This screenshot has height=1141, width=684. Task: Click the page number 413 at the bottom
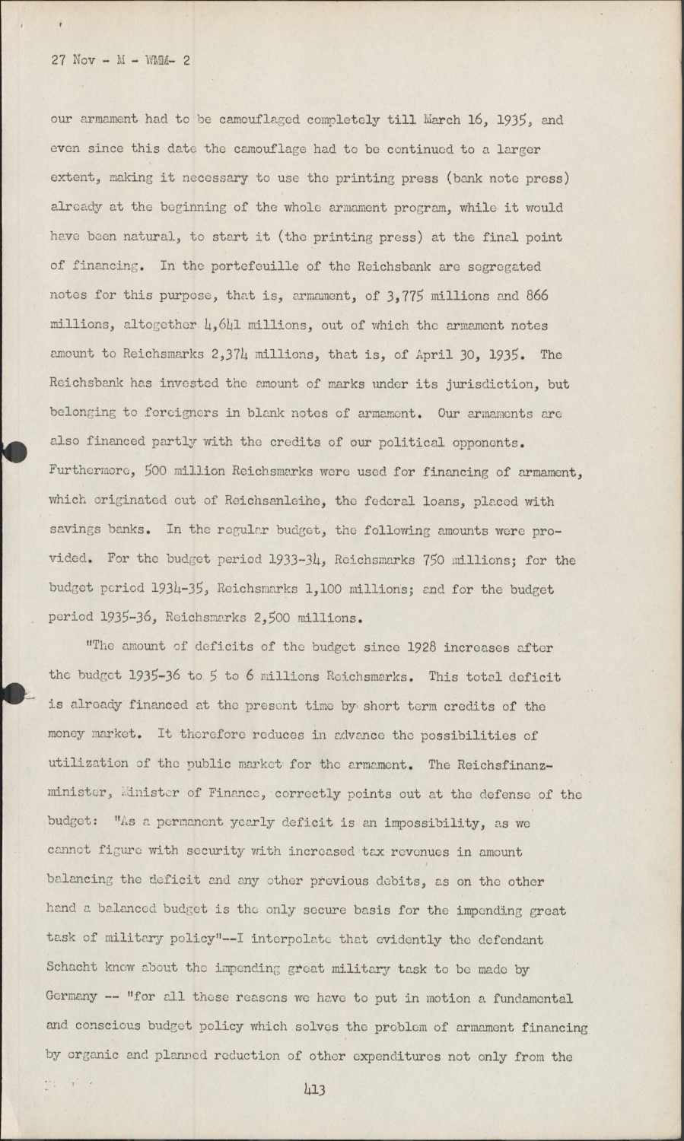[314, 1090]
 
